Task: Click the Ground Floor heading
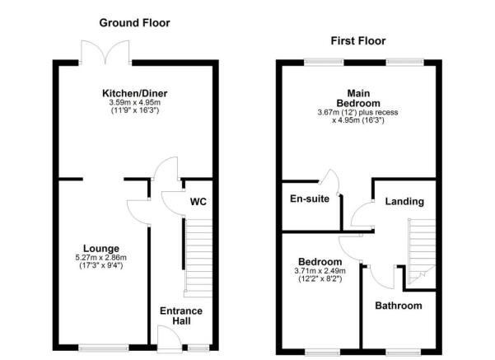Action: tap(135, 23)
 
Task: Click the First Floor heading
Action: tap(358, 40)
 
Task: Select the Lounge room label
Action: tap(101, 248)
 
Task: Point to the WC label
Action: tap(198, 201)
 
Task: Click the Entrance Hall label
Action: tap(181, 316)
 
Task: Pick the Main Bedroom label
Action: tap(363, 97)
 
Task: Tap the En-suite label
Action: tap(310, 199)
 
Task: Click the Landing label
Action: tap(404, 201)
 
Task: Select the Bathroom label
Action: tap(399, 306)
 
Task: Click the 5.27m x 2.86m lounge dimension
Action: tap(102, 258)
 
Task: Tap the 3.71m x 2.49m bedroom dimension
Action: tap(320, 271)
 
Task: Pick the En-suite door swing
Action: tap(331, 177)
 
